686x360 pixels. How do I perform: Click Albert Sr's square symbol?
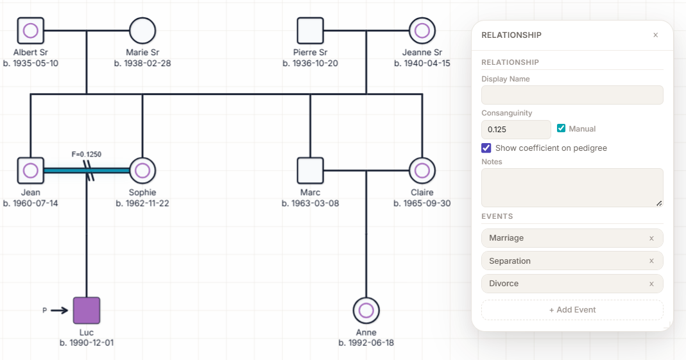click(x=31, y=30)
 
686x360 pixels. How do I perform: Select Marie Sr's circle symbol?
click(x=142, y=30)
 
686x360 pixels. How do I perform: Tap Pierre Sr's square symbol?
click(x=310, y=30)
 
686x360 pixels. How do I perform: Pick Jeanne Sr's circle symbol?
click(x=422, y=30)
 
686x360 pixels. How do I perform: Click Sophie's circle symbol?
click(x=142, y=170)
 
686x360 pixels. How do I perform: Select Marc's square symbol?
click(x=310, y=170)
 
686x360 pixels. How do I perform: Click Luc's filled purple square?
click(x=87, y=311)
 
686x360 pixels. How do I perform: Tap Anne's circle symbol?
click(x=366, y=311)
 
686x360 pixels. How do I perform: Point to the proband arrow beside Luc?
click(x=59, y=311)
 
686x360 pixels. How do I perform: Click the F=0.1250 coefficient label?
click(x=87, y=154)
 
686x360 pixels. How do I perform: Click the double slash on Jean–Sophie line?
click(x=89, y=171)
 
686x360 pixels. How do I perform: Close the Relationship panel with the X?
click(x=655, y=35)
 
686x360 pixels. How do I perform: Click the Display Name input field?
click(x=572, y=95)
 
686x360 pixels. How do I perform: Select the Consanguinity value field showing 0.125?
click(x=516, y=130)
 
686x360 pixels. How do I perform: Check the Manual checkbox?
click(x=562, y=128)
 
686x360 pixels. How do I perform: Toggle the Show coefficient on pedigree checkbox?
click(x=486, y=148)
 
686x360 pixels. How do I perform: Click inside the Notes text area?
click(x=572, y=187)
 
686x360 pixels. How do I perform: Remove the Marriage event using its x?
click(x=651, y=238)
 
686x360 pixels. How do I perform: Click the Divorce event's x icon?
click(x=651, y=284)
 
